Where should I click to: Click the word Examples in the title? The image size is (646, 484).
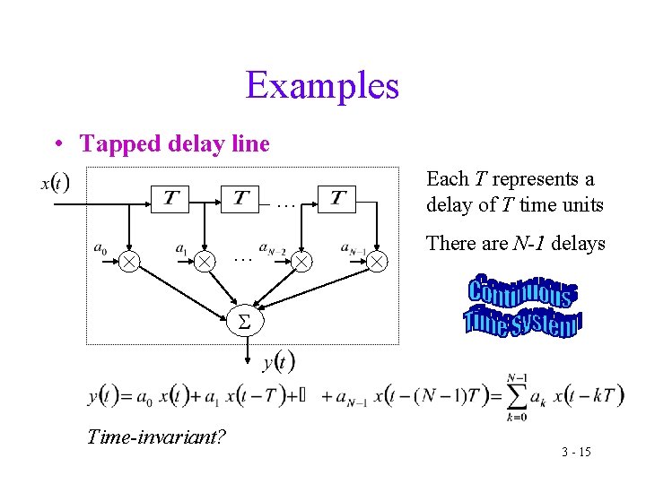tap(322, 86)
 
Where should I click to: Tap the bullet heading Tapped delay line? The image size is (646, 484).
tap(175, 143)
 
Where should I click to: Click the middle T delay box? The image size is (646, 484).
tap(241, 198)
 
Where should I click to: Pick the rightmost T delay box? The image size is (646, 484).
tap(336, 198)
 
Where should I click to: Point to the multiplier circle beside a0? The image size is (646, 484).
tap(130, 261)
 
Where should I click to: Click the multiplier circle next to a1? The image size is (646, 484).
tap(205, 261)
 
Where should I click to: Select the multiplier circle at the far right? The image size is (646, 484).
tap(378, 261)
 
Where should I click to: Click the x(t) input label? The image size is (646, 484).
tap(55, 183)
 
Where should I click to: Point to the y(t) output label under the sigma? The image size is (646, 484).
tap(279, 361)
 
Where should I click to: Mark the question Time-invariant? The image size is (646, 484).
tap(156, 436)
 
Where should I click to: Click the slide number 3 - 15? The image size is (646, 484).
tap(576, 452)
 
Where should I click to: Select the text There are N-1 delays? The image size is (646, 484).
tap(515, 243)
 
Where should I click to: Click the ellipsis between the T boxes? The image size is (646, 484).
tap(286, 204)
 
